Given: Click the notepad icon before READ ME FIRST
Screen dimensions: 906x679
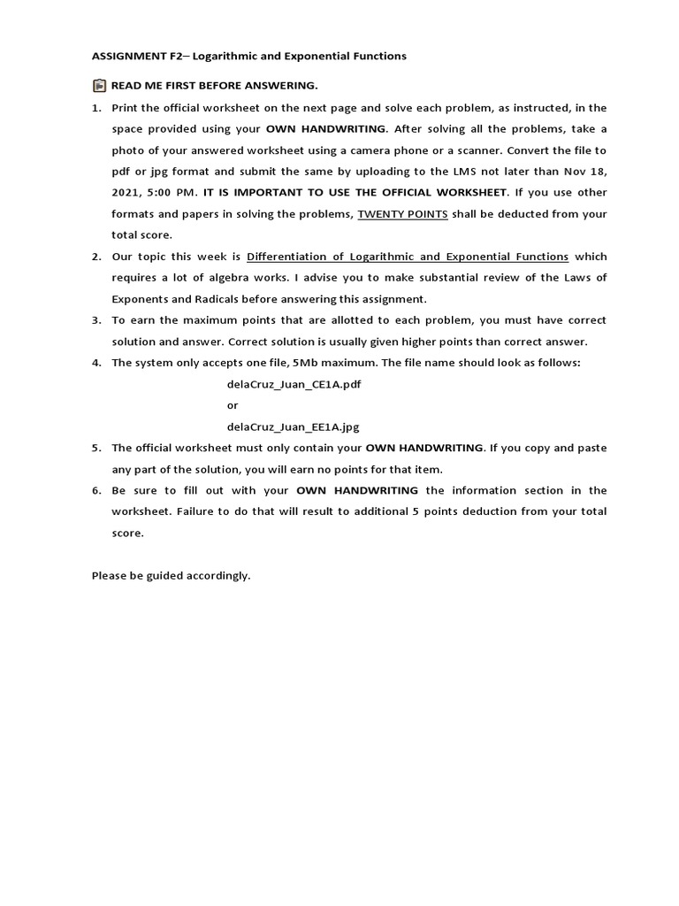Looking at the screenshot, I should [x=99, y=86].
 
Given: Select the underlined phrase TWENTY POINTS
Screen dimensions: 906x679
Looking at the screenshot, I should [x=402, y=214].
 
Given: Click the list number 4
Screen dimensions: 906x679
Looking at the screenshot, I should [x=96, y=363].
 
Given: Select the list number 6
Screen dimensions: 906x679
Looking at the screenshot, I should [x=96, y=490].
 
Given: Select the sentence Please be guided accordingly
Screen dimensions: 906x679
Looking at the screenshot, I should [x=172, y=575].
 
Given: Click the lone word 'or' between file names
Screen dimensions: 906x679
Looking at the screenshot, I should [x=233, y=405].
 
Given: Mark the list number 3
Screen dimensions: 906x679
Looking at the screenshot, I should [x=96, y=320].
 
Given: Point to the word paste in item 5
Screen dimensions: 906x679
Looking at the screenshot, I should [x=592, y=448].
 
